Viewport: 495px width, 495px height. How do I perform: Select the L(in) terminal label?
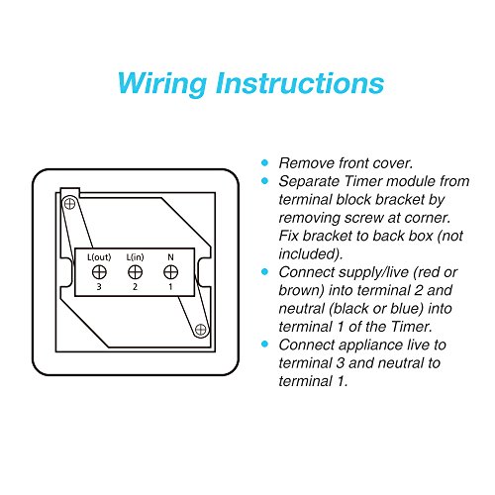click(x=134, y=257)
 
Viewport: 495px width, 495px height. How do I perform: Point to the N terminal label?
click(x=170, y=257)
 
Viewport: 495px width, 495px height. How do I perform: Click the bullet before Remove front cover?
click(x=264, y=162)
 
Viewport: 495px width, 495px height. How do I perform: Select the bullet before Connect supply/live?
click(x=264, y=271)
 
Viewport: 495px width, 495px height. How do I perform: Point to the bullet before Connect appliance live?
click(x=264, y=344)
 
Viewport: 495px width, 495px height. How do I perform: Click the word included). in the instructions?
click(x=310, y=253)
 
